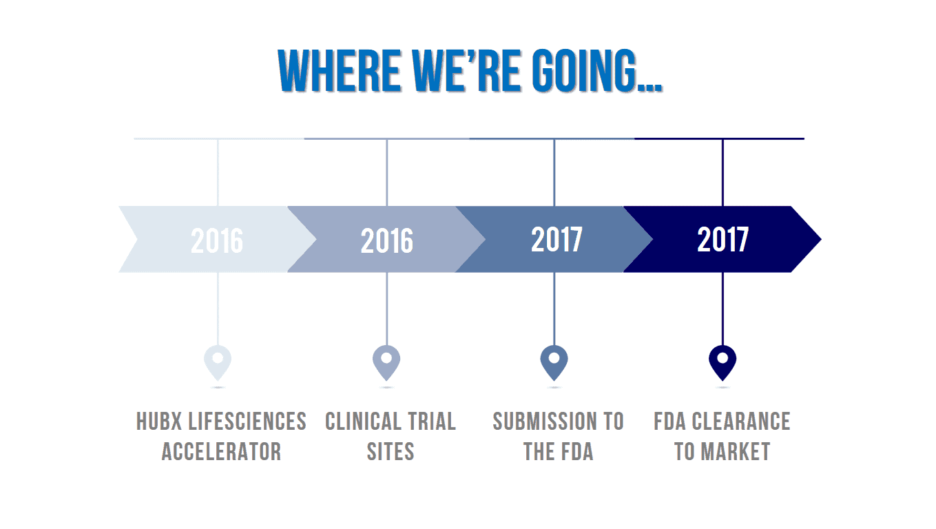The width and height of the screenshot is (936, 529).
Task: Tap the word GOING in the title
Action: [585, 70]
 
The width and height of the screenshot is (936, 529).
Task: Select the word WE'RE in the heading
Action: [466, 70]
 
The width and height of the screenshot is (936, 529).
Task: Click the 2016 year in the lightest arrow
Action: [217, 240]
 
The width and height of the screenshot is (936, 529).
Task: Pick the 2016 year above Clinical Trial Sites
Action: [387, 240]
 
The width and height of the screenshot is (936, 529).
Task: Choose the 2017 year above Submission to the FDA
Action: [557, 240]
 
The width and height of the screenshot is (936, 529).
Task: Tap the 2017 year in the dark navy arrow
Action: [723, 240]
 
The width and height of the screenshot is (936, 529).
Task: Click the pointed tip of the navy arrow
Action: [821, 240]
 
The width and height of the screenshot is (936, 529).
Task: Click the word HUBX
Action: [159, 421]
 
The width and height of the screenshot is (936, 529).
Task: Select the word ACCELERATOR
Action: [222, 452]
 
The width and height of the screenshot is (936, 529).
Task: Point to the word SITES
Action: [391, 452]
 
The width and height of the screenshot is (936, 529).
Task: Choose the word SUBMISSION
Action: [545, 421]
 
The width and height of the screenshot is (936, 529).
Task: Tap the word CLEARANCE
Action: [741, 421]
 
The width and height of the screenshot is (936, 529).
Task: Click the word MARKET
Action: [736, 452]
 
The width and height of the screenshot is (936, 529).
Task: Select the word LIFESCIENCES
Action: [247, 421]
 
